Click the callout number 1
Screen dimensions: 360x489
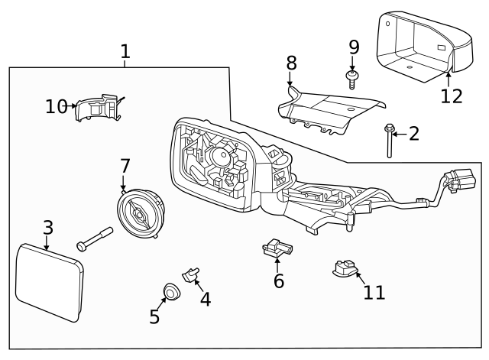[x=125, y=52]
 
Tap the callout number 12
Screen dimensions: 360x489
[x=452, y=97]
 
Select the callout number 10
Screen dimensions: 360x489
[x=56, y=106]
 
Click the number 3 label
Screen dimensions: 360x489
[x=47, y=228]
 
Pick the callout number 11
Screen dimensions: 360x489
[x=374, y=292]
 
